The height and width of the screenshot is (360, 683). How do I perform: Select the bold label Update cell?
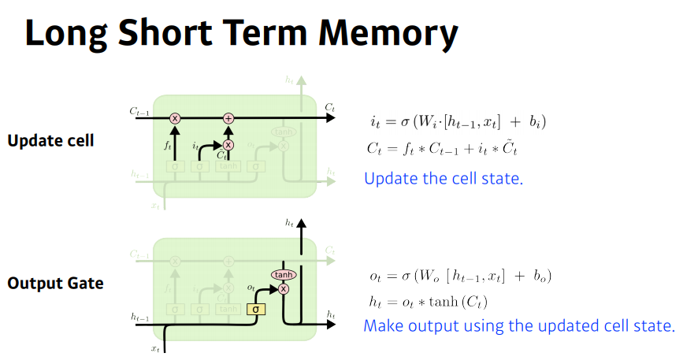[50, 141]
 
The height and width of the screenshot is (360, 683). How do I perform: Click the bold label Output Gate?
[55, 282]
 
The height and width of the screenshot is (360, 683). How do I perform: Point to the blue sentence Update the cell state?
[444, 178]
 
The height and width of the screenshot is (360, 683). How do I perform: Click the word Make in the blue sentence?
[384, 325]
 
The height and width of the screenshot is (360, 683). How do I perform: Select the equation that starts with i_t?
[458, 121]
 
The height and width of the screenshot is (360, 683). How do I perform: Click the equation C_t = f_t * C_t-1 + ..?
[442, 147]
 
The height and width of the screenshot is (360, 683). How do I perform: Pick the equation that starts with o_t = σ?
[460, 276]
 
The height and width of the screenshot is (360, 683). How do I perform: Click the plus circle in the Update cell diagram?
[228, 118]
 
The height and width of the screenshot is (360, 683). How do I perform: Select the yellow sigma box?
[255, 309]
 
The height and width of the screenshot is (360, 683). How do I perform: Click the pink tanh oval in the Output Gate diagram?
[283, 274]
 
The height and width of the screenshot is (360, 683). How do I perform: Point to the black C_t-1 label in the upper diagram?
[139, 113]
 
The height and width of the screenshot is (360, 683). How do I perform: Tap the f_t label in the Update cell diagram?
[167, 145]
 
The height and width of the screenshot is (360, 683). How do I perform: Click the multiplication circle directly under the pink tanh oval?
[283, 288]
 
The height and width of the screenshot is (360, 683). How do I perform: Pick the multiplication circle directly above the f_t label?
[175, 118]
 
